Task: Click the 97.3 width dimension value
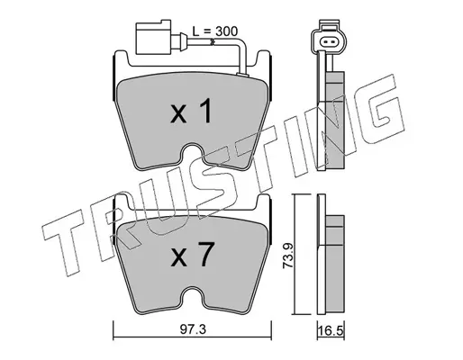tap(193, 329)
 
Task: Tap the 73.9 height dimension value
tap(289, 256)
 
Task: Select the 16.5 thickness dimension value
tap(331, 332)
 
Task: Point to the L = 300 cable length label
tap(214, 31)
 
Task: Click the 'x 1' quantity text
tap(191, 112)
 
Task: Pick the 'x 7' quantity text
tap(193, 255)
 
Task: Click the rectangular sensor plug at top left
tap(154, 37)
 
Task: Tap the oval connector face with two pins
tap(329, 41)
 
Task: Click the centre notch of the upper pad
tap(193, 153)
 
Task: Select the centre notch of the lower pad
tap(193, 296)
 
